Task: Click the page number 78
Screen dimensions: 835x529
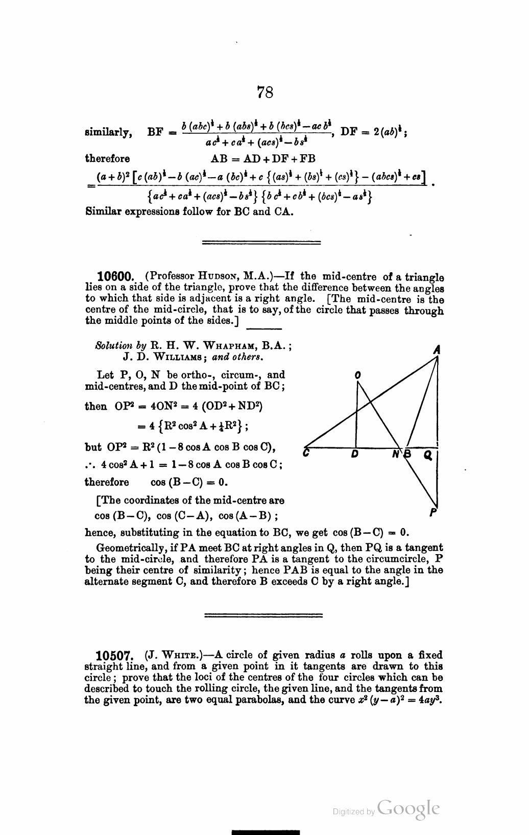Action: [265, 92]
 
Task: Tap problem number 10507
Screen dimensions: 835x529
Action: [115, 655]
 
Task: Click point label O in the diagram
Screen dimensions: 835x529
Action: [357, 375]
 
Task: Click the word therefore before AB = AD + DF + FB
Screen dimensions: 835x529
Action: [107, 158]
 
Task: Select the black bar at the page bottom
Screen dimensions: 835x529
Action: [265, 831]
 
